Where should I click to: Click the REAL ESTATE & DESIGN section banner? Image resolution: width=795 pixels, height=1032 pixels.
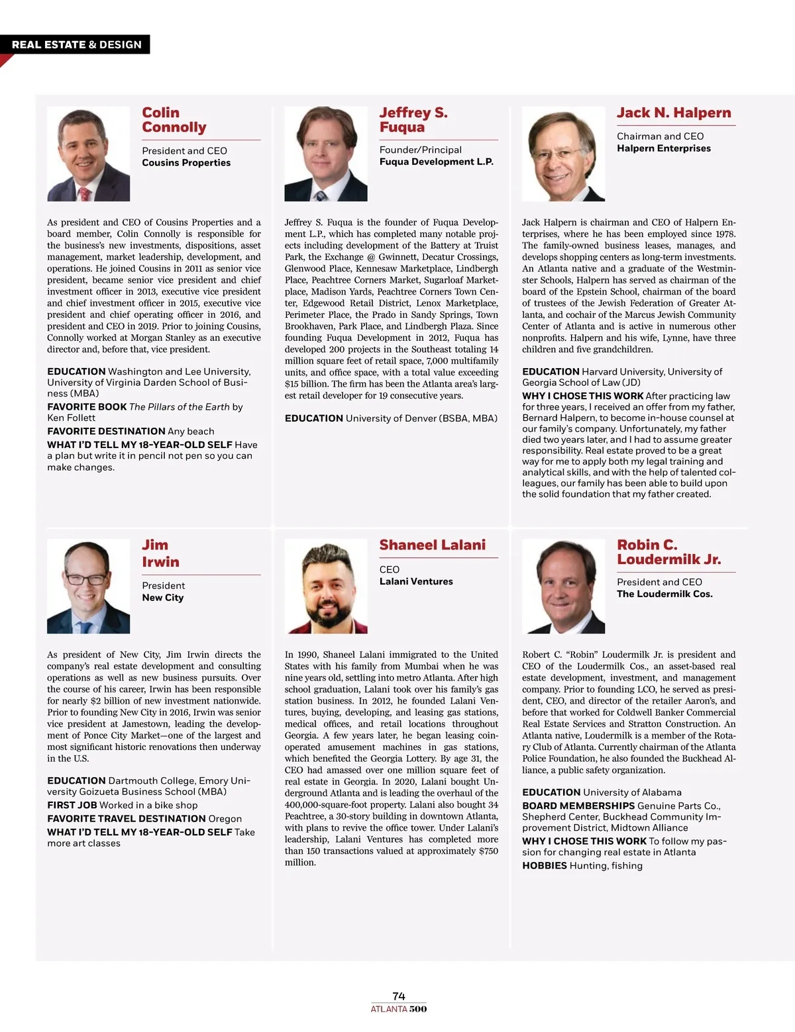click(x=77, y=44)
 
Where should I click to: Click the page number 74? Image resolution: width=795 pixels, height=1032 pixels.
click(x=398, y=996)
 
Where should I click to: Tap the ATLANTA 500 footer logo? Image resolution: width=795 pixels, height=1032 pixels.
click(x=398, y=1009)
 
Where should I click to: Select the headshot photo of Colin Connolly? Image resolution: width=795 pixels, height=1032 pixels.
click(x=88, y=154)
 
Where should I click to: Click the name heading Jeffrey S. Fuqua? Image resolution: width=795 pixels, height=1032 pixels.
click(x=413, y=120)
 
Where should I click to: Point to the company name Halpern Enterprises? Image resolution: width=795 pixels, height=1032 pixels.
click(x=663, y=148)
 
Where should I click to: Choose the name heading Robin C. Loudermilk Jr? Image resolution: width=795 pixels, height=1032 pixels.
click(x=668, y=552)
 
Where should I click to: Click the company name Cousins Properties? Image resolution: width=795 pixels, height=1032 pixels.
click(x=186, y=163)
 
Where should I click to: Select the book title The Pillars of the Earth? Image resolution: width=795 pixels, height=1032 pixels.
click(x=180, y=407)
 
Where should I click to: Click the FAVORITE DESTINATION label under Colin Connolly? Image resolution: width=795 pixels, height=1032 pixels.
click(x=106, y=431)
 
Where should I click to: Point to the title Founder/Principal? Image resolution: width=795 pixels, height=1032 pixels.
click(x=420, y=150)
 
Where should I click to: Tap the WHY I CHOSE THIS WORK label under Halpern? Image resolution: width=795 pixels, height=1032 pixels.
click(x=582, y=396)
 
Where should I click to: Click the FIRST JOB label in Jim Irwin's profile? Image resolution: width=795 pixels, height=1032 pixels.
click(x=72, y=805)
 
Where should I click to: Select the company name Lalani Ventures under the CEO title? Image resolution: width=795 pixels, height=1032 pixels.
click(x=416, y=581)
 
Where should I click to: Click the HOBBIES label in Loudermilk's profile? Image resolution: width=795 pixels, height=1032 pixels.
click(x=544, y=865)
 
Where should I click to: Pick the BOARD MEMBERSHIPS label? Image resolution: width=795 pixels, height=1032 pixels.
click(x=578, y=806)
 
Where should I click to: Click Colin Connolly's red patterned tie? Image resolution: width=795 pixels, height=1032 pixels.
click(x=85, y=194)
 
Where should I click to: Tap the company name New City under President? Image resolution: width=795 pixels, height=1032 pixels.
click(x=162, y=597)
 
